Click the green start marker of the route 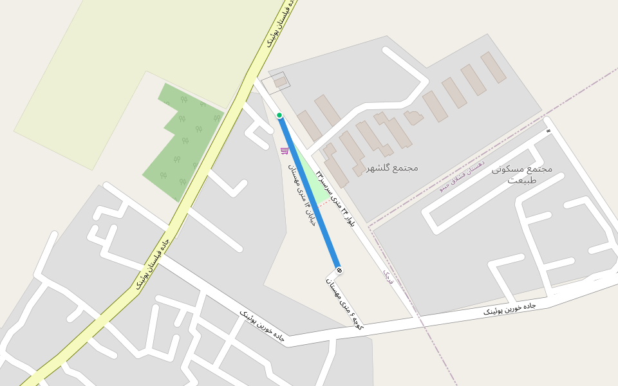point(279,115)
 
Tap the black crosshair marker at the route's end point(339,270)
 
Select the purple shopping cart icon point(285,151)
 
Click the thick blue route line point(309,193)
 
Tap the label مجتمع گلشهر point(392,168)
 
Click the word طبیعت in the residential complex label point(522,180)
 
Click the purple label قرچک point(388,277)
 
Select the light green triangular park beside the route point(315,174)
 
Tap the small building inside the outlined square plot point(281,82)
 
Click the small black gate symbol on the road point(548,131)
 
